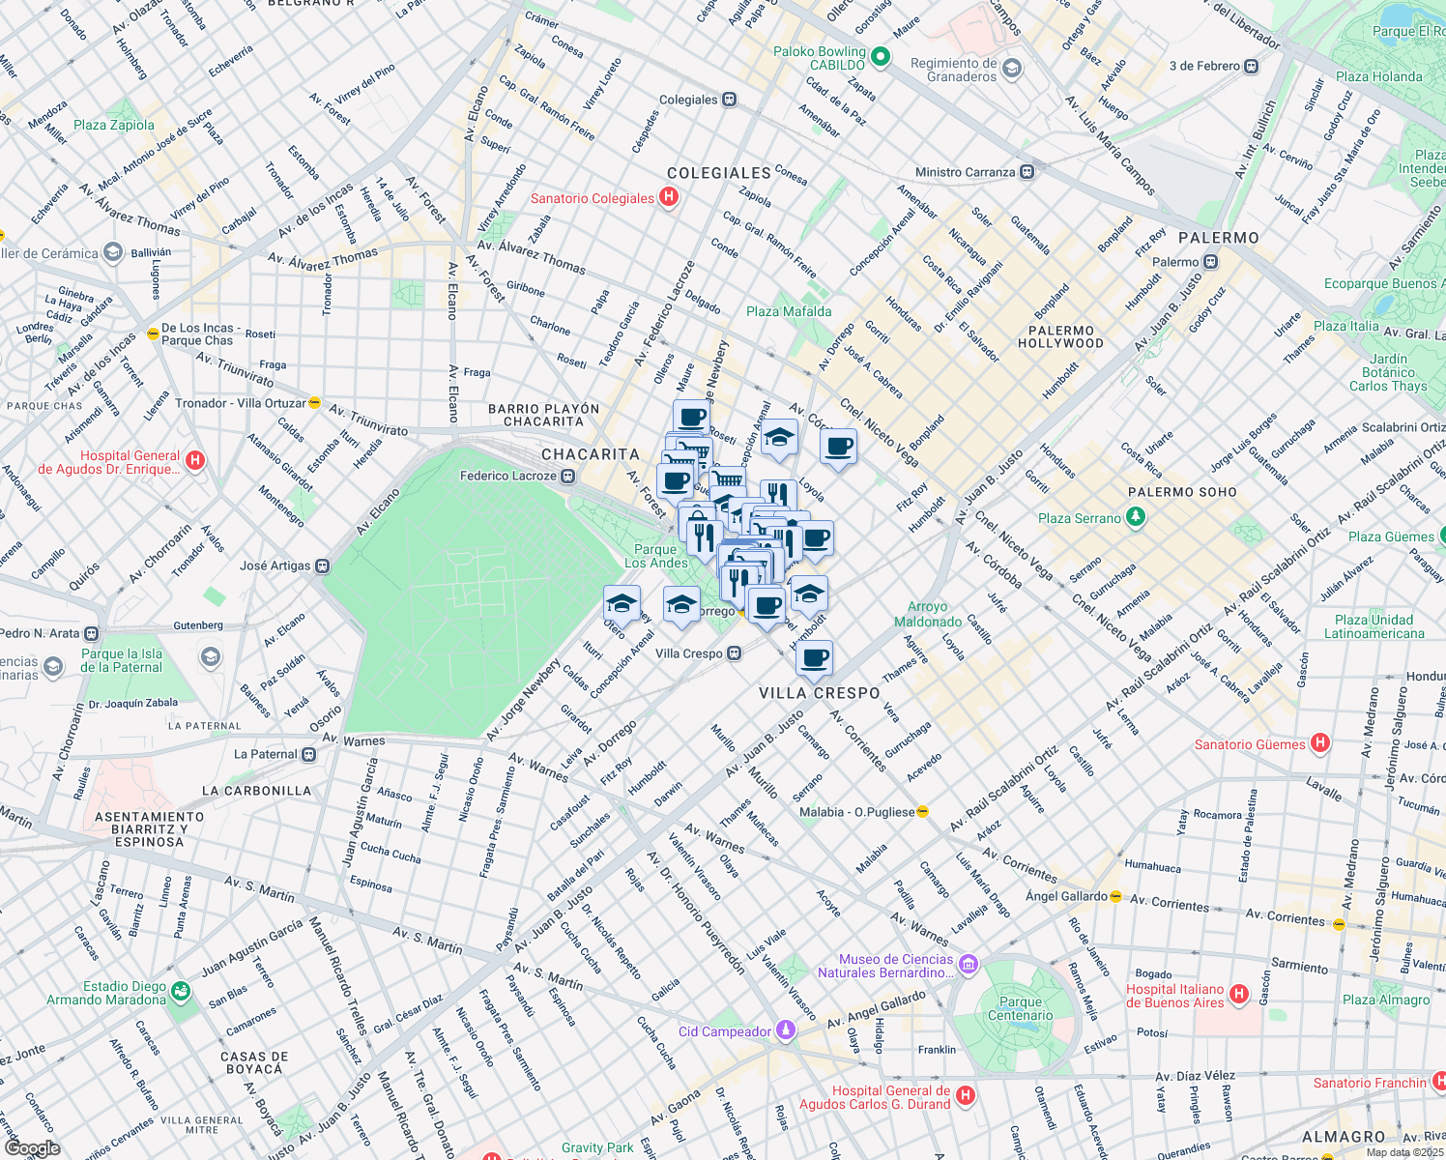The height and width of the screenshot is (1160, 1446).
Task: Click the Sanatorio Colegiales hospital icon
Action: click(668, 197)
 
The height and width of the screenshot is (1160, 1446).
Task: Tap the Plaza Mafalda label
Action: click(789, 311)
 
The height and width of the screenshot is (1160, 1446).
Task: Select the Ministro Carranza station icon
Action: click(1027, 172)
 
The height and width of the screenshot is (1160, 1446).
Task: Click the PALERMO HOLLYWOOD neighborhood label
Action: click(1060, 336)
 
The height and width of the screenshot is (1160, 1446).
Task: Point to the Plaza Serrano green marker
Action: click(1136, 517)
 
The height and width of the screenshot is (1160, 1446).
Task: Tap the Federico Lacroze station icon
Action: click(568, 476)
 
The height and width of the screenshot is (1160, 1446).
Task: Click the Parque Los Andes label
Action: click(656, 556)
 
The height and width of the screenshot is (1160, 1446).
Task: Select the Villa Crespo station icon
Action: click(735, 653)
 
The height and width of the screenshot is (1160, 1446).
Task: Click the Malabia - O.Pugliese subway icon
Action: click(923, 812)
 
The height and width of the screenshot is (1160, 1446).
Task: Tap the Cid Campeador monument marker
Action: click(786, 1030)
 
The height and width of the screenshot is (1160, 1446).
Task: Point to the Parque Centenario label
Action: click(1021, 1008)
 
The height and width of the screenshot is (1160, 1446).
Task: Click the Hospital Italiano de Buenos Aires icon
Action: click(1239, 995)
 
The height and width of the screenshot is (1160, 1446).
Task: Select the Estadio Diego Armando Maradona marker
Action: click(180, 992)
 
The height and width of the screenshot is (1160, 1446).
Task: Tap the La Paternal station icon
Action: click(308, 754)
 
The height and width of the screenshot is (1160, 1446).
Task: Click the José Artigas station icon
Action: click(323, 565)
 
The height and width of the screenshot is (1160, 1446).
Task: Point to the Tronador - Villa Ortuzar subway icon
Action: click(314, 403)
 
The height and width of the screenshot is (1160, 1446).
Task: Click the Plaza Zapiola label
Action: click(114, 125)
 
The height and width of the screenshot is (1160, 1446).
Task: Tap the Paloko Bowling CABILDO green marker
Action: click(880, 57)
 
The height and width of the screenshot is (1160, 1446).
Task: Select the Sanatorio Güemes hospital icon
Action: click(1320, 743)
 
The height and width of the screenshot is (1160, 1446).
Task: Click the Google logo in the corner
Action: click(32, 1148)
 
